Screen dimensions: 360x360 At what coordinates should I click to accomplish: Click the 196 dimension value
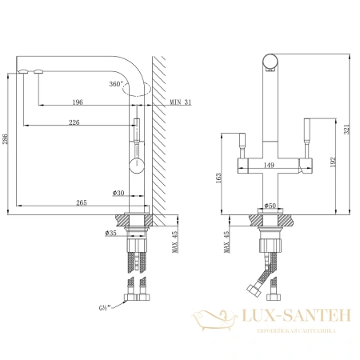pyautogui.click(x=78, y=102)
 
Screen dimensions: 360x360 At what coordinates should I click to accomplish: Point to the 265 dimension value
pyautogui.click(x=82, y=202)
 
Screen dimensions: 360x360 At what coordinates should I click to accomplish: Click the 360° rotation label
pyautogui.click(x=116, y=83)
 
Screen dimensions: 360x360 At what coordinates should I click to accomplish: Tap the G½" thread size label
pyautogui.click(x=106, y=304)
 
